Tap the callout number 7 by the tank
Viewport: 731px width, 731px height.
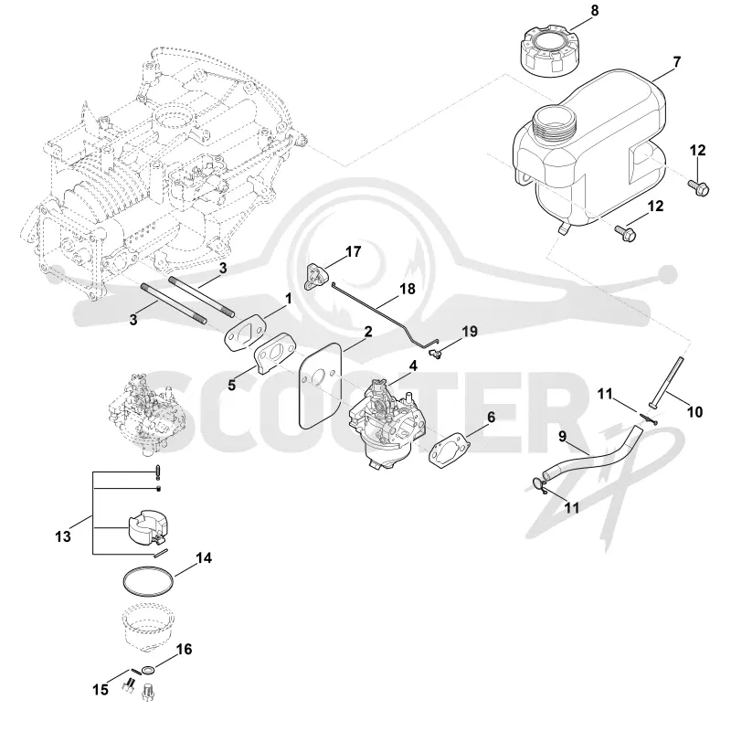(676, 61)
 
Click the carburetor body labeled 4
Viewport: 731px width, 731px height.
(386, 423)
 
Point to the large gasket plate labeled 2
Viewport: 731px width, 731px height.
(322, 386)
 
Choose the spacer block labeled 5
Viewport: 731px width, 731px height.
(274, 353)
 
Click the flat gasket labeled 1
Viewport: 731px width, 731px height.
(245, 334)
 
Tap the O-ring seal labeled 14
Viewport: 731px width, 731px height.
(148, 581)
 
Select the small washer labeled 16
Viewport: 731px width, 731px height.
(148, 671)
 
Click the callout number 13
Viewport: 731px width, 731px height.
(63, 536)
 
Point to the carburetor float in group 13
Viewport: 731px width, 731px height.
(147, 527)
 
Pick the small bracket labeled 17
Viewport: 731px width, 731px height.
(314, 276)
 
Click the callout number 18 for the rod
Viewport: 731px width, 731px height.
(408, 289)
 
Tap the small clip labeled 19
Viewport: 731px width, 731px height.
(437, 354)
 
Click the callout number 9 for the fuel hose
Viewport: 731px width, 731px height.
(563, 437)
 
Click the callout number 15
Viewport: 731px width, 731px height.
(101, 690)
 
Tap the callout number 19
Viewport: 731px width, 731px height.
(470, 332)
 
